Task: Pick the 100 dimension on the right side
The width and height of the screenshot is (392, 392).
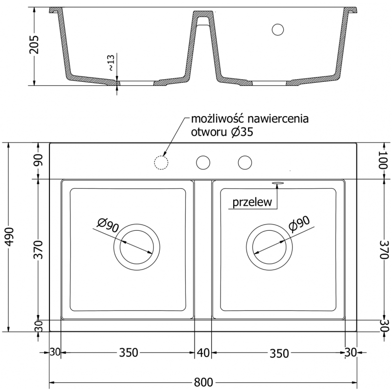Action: coord(383,161)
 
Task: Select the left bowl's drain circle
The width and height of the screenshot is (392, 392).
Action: coord(137,247)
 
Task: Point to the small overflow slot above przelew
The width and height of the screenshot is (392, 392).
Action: coord(278,183)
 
